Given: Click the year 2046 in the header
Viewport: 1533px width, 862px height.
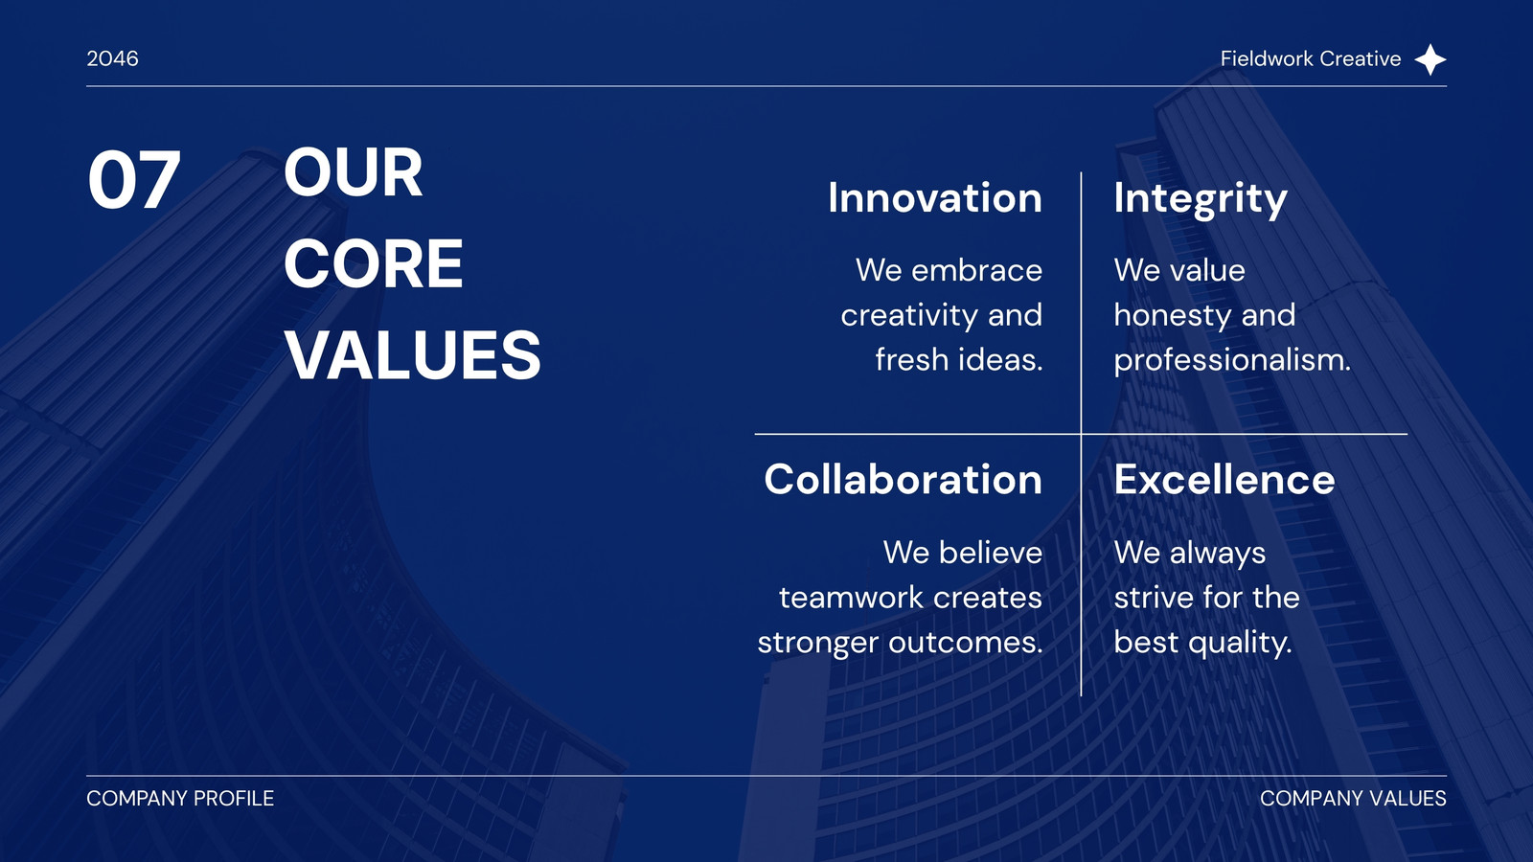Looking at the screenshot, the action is (x=112, y=58).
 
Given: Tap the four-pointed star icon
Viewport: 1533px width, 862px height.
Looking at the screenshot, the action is (x=1430, y=59).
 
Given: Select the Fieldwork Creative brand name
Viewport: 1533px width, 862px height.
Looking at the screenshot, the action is (x=1311, y=58).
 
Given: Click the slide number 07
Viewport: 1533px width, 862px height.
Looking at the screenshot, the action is (x=134, y=181).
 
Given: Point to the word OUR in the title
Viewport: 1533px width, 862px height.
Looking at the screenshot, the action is (x=354, y=172).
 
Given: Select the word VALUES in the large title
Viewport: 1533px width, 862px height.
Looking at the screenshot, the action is (x=413, y=354).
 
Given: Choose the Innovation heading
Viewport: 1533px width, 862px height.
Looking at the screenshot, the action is (x=935, y=197).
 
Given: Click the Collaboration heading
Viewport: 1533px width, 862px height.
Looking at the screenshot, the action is (x=904, y=479).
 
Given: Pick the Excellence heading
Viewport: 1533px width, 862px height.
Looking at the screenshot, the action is (x=1224, y=479).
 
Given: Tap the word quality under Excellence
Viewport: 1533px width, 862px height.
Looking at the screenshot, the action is (x=1240, y=643).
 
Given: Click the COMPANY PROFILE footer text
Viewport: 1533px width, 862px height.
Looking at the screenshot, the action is (x=180, y=799).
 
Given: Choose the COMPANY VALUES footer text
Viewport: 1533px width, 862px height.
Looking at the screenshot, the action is (x=1353, y=799).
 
